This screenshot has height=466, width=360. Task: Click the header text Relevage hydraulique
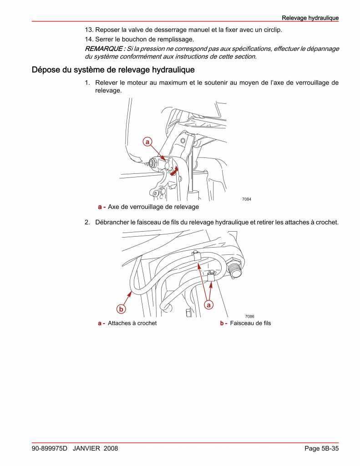tap(310, 18)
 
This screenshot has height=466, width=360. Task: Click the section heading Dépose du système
tap(113, 70)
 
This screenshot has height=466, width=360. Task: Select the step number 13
tap(89, 30)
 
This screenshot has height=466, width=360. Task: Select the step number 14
tap(89, 39)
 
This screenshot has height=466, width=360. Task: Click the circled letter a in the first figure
tap(147, 142)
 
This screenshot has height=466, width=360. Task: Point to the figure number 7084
tap(246, 199)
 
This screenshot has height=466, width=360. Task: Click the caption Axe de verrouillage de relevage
tap(153, 207)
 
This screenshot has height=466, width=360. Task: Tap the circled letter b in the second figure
tap(121, 309)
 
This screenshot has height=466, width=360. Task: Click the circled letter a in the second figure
tap(209, 305)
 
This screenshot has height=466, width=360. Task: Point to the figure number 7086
tap(249, 316)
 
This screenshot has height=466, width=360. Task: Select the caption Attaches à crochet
tap(132, 323)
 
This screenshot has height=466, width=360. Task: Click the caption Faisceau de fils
tap(250, 323)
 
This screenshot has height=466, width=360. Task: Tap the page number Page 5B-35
tap(321, 448)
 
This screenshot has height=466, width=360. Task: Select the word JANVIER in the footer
tap(86, 448)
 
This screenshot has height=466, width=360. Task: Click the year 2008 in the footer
tap(111, 448)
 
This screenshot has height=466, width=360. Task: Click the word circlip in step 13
tap(272, 30)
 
